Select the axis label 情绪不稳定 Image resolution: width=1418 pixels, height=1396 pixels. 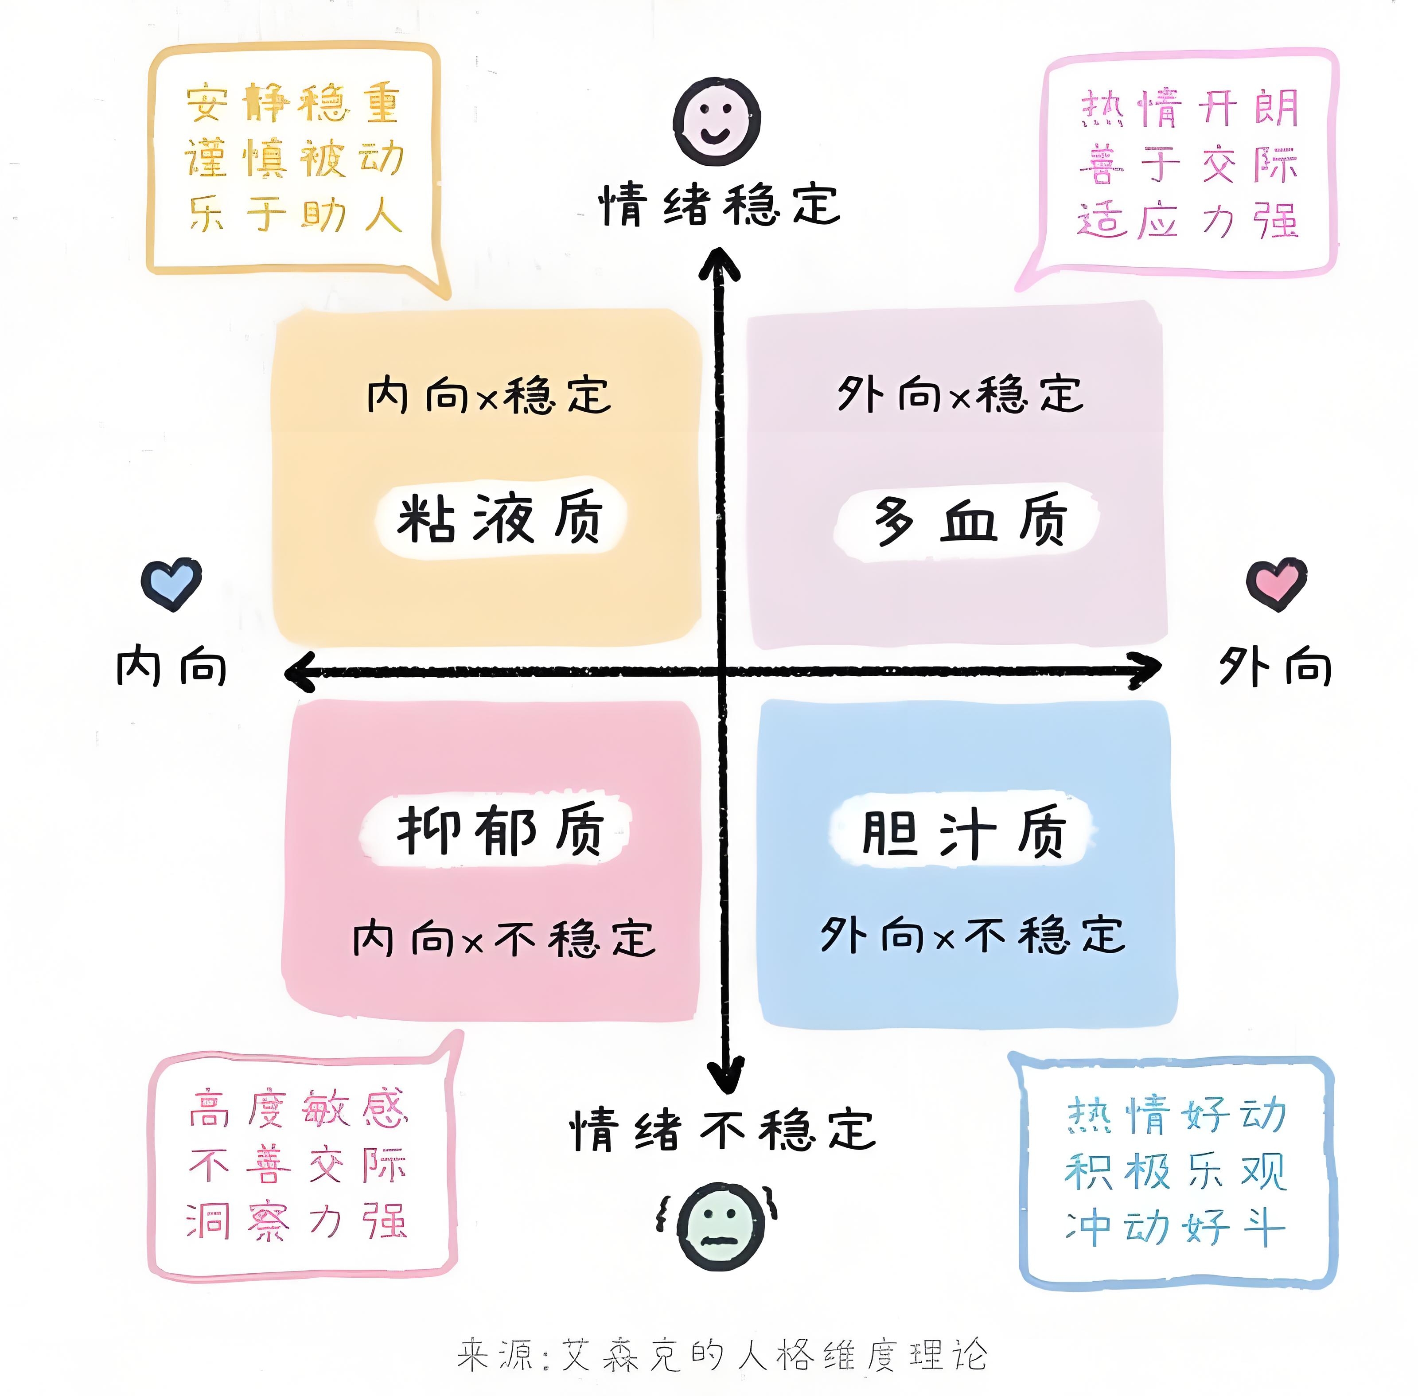[x=722, y=1130]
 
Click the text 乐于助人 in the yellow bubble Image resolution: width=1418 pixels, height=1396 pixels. [x=296, y=215]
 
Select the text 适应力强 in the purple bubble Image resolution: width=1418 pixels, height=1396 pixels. [x=1188, y=220]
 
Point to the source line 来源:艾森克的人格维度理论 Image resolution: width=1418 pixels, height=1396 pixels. [x=722, y=1355]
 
